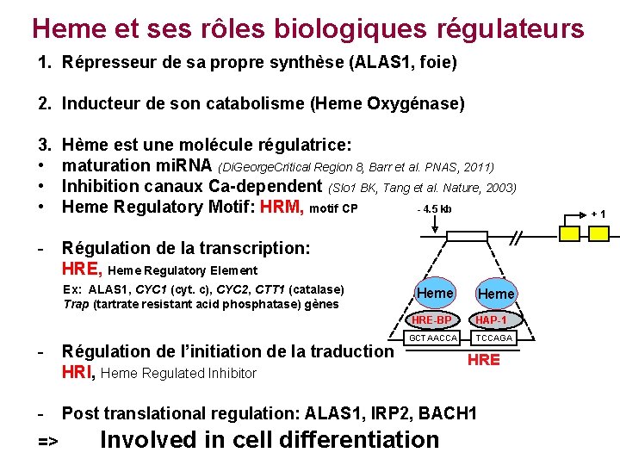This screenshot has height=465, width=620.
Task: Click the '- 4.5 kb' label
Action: [x=434, y=209]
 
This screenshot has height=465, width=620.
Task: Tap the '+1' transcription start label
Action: [x=598, y=214]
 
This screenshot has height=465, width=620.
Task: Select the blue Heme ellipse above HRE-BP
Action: [x=435, y=294]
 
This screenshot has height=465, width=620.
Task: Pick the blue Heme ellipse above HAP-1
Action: [x=496, y=294]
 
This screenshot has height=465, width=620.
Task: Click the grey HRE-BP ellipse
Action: [x=432, y=319]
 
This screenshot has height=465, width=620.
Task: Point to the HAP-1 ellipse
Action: [x=492, y=319]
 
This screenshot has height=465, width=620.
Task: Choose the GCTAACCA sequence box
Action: [x=432, y=338]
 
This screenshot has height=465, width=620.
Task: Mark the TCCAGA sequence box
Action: [x=493, y=338]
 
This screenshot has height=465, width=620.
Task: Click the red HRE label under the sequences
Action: [x=483, y=360]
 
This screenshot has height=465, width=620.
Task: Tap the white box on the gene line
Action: [x=465, y=238]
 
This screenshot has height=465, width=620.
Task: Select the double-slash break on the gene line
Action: [x=517, y=238]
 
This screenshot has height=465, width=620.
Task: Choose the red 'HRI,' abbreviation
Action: [x=80, y=373]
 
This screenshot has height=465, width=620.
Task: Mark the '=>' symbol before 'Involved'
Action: [x=48, y=442]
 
